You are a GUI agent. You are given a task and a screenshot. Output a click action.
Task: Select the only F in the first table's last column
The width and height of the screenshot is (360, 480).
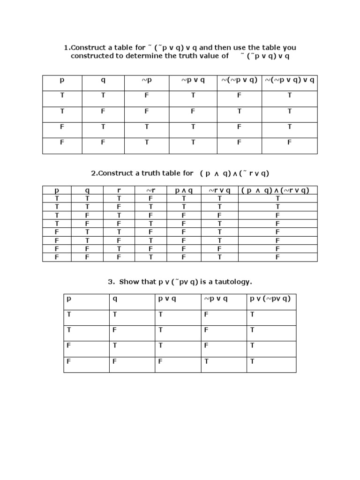click(289, 142)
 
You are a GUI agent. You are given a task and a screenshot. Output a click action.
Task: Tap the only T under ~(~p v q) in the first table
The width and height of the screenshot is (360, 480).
click(239, 111)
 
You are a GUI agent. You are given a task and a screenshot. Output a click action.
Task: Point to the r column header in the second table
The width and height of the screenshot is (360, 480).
click(119, 190)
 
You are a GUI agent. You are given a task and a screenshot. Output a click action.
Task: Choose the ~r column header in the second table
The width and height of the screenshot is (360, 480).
click(150, 190)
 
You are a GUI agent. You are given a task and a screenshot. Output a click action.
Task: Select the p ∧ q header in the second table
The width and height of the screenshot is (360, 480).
click(184, 190)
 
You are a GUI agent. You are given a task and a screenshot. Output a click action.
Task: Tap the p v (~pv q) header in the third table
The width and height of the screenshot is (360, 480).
click(270, 299)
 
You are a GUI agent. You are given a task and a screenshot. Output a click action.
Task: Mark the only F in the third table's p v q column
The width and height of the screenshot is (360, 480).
click(160, 361)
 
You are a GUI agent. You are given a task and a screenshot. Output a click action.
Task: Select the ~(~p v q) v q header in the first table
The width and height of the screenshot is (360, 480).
click(289, 80)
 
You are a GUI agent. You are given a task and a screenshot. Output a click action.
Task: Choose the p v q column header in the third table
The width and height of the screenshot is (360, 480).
click(167, 299)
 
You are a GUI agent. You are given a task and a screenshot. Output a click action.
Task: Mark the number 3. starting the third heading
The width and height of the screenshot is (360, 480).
click(111, 282)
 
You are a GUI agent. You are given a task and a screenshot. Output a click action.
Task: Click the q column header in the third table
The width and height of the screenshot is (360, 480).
click(114, 299)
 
